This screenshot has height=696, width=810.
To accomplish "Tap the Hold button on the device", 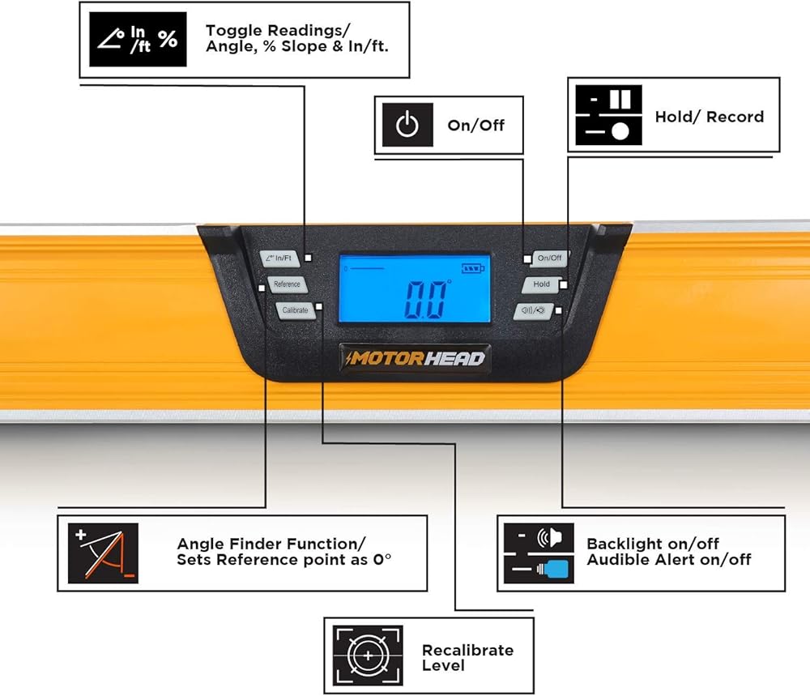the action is coord(541,284).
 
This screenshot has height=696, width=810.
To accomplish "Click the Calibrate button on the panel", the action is coord(295,310).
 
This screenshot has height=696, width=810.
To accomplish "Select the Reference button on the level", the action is coord(286,284).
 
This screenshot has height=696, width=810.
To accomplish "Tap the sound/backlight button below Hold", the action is coord(534,310).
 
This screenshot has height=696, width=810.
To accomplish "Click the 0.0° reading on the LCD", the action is coord(426,301).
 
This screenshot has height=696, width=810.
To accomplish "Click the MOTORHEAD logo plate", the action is coord(415,357).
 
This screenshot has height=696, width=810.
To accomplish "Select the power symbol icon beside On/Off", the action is coord(407,126).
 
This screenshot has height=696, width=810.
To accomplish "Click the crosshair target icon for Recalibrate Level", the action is coord(368,656).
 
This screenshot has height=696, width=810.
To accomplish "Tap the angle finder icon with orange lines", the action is coord(103,553).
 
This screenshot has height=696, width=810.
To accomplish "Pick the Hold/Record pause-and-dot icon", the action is coord(608,116).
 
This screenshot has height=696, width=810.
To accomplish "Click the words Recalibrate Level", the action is coord(467,657).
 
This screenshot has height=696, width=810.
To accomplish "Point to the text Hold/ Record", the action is coord(710,117).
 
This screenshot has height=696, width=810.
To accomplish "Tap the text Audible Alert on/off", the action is coord(669,559).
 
